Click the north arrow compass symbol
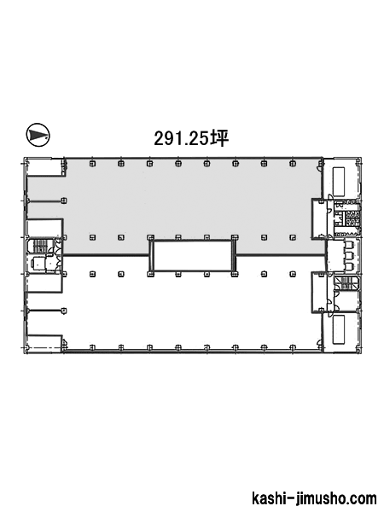[x=38, y=135]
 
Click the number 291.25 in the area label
[x=181, y=139]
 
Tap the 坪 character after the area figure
[x=218, y=138]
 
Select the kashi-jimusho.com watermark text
[x=314, y=498]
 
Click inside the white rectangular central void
[x=192, y=256]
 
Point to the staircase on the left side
[x=40, y=246]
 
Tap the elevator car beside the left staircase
[x=38, y=265]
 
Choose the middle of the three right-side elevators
[x=349, y=256]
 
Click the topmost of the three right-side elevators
[x=349, y=245]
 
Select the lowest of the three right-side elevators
[x=349, y=266]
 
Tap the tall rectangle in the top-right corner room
[x=339, y=181]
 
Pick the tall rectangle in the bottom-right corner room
[x=339, y=329]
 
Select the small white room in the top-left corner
[x=44, y=167]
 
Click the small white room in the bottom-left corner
[x=44, y=343]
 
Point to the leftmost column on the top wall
[x=93, y=164]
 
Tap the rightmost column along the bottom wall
[x=293, y=347]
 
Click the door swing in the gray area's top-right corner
[x=318, y=168]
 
